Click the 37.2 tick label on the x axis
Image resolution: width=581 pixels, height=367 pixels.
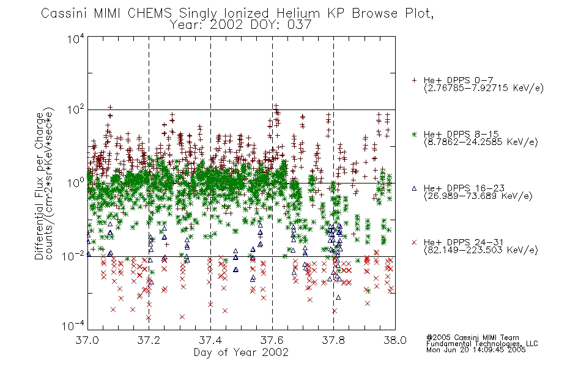point(149,340)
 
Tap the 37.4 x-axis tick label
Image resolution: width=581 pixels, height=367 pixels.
point(210,340)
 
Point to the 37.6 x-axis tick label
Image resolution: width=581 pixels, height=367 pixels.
point(272,340)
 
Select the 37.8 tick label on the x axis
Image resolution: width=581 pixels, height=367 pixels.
point(333,340)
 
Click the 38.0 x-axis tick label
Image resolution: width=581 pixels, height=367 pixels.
point(395,340)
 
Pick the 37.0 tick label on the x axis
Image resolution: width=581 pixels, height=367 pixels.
point(87,340)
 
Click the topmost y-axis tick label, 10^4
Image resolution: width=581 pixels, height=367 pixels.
point(76,39)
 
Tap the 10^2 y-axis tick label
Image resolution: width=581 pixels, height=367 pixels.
point(76,110)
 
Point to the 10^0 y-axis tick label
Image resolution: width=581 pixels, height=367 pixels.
point(76,183)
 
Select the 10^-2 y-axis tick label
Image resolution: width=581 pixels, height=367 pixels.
point(73,256)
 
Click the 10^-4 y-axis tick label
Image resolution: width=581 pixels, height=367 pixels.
point(73,326)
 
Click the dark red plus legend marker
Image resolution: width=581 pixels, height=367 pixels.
point(414,80)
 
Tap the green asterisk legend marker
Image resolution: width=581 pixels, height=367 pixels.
point(414,134)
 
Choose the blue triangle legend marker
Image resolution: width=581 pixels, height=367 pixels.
point(414,188)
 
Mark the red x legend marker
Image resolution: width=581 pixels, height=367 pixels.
point(414,242)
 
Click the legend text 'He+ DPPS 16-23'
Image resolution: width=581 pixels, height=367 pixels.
point(464,188)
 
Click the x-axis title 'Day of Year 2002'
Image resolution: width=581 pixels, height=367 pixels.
point(241,352)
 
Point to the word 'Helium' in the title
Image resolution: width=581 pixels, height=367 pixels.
point(298,13)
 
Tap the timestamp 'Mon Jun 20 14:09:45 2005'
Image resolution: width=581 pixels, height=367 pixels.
point(476,350)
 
